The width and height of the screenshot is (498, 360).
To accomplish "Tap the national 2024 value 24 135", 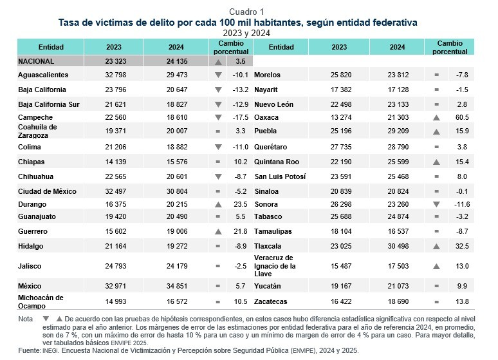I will click(176, 61).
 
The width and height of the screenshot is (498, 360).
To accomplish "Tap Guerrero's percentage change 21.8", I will click(241, 231).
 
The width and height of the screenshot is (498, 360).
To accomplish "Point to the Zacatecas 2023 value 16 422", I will click(339, 301).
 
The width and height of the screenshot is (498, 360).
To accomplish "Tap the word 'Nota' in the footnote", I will click(26, 319).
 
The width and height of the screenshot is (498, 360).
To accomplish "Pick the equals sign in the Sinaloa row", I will click(437, 191).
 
